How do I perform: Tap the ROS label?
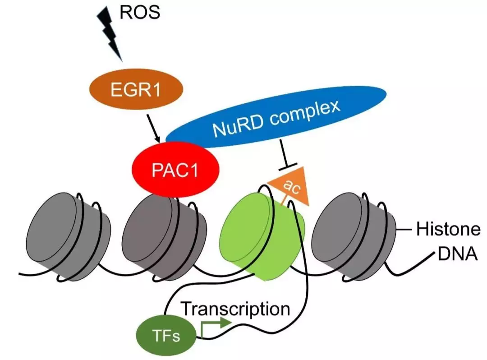point(140,12)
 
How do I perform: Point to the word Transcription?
point(235,309)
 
